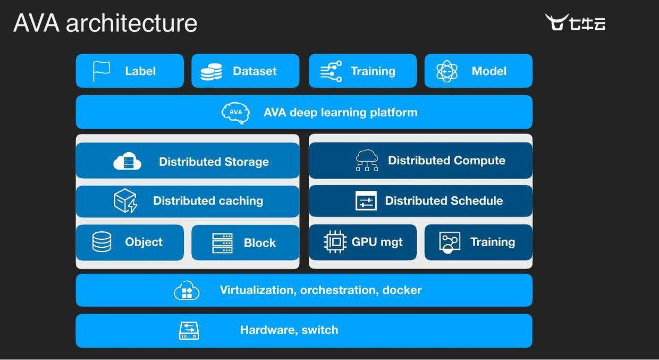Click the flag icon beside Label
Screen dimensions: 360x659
(x=101, y=71)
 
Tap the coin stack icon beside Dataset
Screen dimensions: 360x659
(x=211, y=71)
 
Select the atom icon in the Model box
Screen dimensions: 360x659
(x=447, y=71)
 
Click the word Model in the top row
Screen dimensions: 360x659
(x=489, y=71)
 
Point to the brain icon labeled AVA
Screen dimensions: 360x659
(x=235, y=113)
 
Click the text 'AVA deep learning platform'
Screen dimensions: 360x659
(x=340, y=113)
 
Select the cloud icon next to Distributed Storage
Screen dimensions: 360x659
(x=128, y=162)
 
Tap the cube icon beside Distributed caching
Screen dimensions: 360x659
(x=125, y=201)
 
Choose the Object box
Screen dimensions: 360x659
(x=130, y=242)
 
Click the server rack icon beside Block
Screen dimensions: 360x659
(x=222, y=243)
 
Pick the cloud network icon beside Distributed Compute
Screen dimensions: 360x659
(x=367, y=160)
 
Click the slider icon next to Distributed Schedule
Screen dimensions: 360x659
(x=366, y=201)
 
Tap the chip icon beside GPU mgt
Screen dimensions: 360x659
(x=335, y=242)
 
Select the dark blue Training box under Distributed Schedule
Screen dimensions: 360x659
(x=478, y=242)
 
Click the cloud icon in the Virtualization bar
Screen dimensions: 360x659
(x=187, y=290)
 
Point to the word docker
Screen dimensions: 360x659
(x=402, y=290)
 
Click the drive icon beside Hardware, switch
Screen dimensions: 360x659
(x=189, y=330)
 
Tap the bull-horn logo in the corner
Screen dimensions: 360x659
(x=556, y=22)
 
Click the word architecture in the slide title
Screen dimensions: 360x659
(x=131, y=23)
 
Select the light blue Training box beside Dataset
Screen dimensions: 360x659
(x=362, y=71)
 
